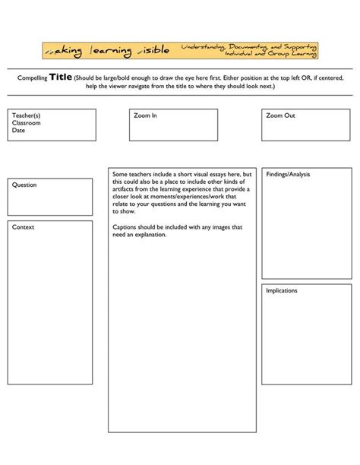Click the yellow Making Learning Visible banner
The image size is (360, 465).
pyautogui.click(x=180, y=51)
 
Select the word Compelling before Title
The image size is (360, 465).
pyautogui.click(x=33, y=77)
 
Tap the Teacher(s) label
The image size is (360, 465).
pyautogui.click(x=26, y=115)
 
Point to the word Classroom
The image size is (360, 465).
pyautogui.click(x=26, y=122)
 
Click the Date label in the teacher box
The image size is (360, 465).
pyautogui.click(x=18, y=130)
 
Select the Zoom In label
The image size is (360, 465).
pyautogui.click(x=145, y=115)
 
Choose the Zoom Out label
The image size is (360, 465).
pyautogui.click(x=281, y=115)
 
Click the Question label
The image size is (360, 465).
pyautogui.click(x=24, y=185)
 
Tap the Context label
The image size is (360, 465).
pyautogui.click(x=23, y=227)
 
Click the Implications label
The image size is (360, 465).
pyautogui.click(x=282, y=290)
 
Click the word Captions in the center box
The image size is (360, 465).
pyautogui.click(x=125, y=227)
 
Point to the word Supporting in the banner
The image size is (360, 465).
pyautogui.click(x=299, y=46)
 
